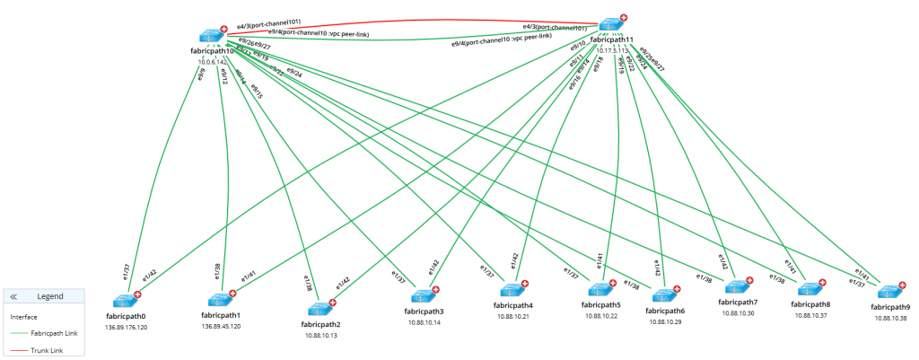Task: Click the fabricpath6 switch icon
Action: [664, 294]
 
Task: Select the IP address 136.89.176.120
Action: [126, 328]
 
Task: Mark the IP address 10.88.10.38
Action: [888, 319]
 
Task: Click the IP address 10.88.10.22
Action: [602, 316]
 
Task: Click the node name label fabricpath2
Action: [319, 324]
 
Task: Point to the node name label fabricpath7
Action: [738, 303]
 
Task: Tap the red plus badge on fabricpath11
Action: [624, 17]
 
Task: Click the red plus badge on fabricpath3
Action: [436, 289]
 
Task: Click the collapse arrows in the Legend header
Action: [14, 296]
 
